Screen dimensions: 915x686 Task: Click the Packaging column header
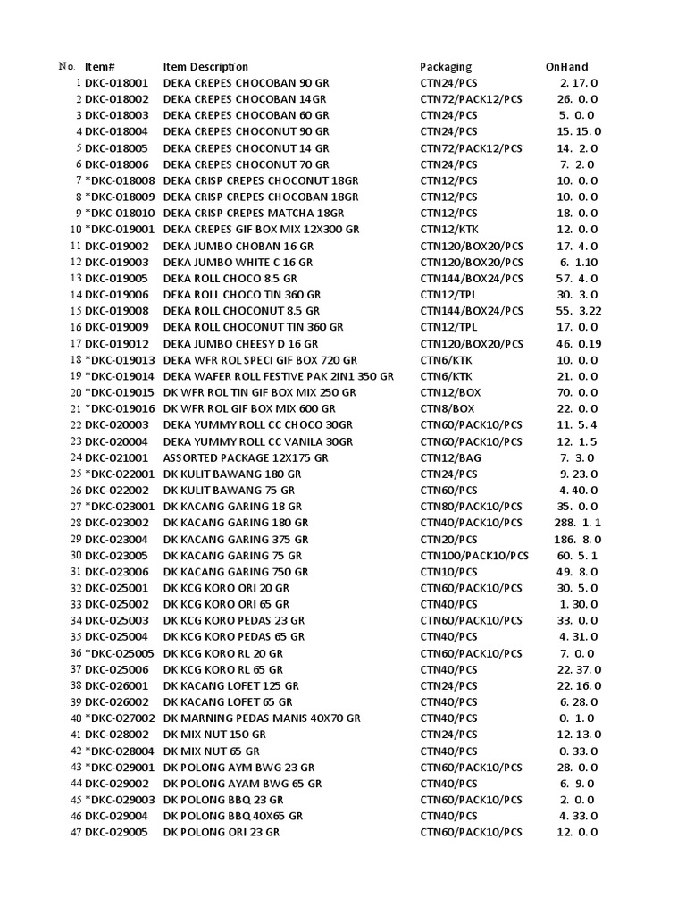(x=446, y=67)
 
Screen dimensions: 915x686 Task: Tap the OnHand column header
(x=566, y=67)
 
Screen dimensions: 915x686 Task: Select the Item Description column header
(x=205, y=67)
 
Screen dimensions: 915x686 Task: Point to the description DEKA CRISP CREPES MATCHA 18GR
(x=253, y=214)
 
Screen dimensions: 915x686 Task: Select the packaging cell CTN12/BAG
(x=449, y=457)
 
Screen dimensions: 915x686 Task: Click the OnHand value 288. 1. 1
(x=577, y=523)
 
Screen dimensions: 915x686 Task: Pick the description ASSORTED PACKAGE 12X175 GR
(x=246, y=457)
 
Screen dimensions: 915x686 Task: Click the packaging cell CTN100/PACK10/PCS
(x=471, y=555)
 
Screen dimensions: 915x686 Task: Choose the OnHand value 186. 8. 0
(x=577, y=539)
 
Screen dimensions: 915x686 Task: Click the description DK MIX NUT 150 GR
(x=214, y=735)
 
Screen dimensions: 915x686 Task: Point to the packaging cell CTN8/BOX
(x=447, y=408)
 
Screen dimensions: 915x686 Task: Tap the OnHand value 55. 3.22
(x=578, y=311)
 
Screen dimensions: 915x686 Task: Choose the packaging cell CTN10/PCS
(x=448, y=572)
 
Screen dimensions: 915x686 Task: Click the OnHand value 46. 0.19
(x=578, y=344)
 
